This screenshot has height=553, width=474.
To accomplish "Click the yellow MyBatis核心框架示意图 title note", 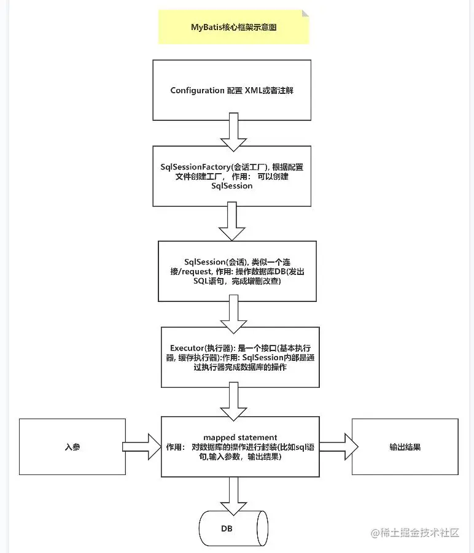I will click(x=233, y=27).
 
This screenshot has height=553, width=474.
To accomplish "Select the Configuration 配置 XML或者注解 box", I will click(x=231, y=90).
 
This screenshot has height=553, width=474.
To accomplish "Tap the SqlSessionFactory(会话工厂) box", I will click(x=231, y=176).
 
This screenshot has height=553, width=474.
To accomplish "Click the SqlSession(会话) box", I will click(x=237, y=271).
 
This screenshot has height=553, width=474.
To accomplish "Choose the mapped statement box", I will click(x=240, y=447).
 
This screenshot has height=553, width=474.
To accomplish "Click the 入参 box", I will click(x=72, y=447).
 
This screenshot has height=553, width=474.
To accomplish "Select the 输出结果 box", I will click(x=405, y=447).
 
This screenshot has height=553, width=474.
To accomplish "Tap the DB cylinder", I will click(x=233, y=528).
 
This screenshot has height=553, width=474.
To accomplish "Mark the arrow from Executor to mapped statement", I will click(x=233, y=400).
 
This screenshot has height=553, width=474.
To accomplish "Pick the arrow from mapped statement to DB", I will click(x=233, y=495).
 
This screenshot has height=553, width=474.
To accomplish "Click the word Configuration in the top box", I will click(x=197, y=90).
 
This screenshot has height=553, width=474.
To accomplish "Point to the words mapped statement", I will click(x=240, y=437).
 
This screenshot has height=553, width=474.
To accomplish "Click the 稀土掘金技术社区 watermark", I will click(x=415, y=533).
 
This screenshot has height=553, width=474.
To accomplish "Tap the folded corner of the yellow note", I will click(x=305, y=14).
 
